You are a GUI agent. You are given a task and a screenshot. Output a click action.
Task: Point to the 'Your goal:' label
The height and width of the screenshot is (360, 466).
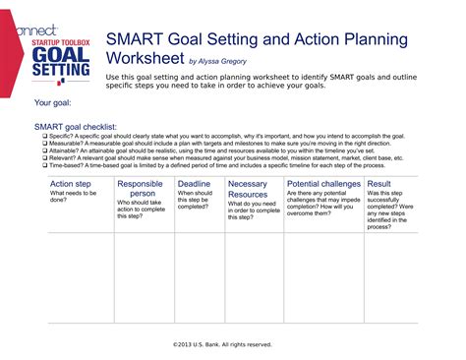pos(55,102)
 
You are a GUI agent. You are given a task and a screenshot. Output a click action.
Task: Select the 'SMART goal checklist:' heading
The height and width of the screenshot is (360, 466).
pos(76,126)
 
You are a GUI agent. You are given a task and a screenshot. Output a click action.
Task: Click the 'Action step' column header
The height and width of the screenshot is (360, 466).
pos(71,184)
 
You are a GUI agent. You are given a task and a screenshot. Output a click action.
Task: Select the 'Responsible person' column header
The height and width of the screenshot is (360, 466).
pos(140,189)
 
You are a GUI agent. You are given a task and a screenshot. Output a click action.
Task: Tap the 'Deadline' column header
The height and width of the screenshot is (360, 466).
pos(195,184)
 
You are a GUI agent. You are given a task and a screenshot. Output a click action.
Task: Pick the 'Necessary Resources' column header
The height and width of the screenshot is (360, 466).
pos(248,189)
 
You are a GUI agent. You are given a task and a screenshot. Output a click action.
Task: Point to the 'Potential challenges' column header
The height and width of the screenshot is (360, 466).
pos(323,184)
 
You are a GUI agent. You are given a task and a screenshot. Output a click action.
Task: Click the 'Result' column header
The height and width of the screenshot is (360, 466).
pos(379,184)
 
